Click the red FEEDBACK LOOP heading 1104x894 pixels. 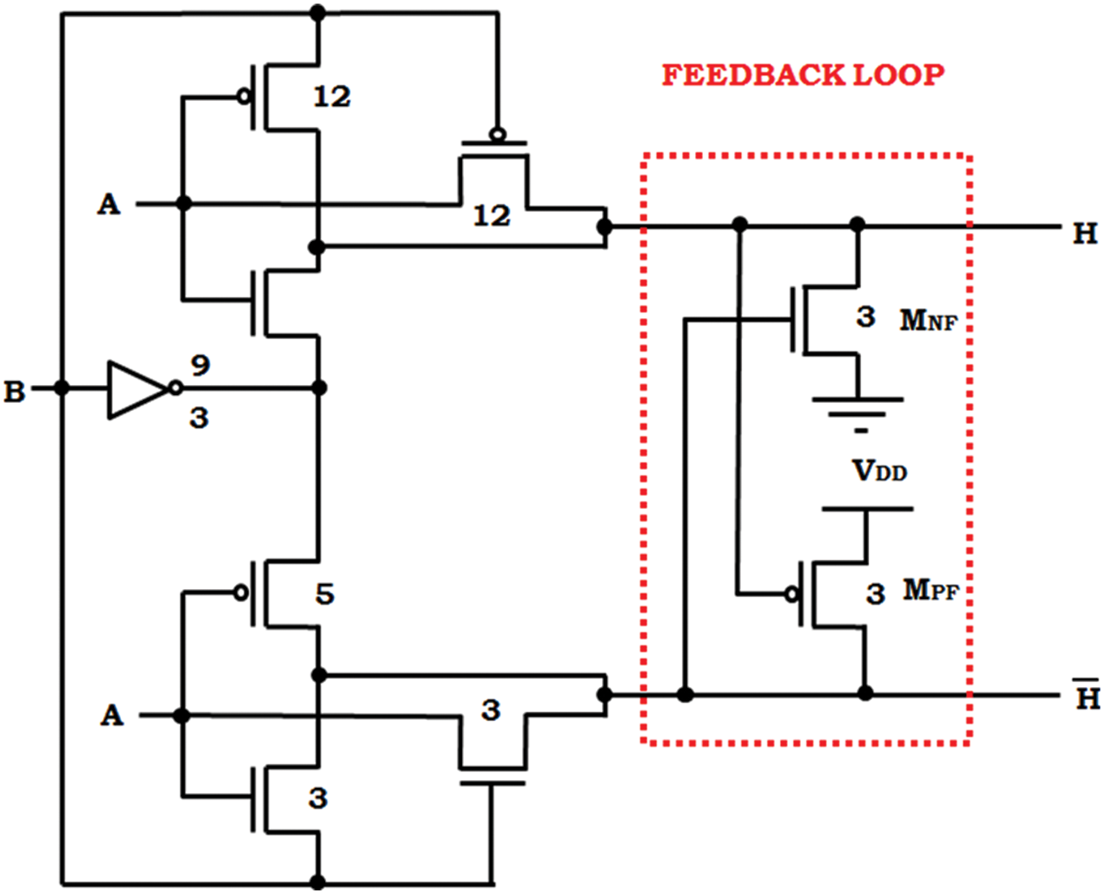(x=803, y=75)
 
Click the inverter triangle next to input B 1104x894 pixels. (x=135, y=389)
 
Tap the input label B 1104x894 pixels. (x=15, y=391)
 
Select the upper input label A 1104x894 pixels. (x=108, y=205)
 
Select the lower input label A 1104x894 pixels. (x=111, y=715)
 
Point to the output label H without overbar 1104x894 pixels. (x=1085, y=233)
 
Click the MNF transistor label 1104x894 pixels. (x=927, y=320)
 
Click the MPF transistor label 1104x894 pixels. (x=930, y=591)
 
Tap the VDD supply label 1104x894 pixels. (x=879, y=471)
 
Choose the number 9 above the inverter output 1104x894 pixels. (x=200, y=364)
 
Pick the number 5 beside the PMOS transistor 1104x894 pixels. (x=325, y=595)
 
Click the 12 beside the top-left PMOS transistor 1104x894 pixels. (x=332, y=96)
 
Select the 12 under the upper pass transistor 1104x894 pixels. (x=491, y=216)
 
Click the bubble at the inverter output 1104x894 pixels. (x=176, y=389)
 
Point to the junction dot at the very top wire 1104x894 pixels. (x=318, y=13)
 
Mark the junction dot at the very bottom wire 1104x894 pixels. (x=318, y=882)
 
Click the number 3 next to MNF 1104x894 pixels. (x=866, y=317)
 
